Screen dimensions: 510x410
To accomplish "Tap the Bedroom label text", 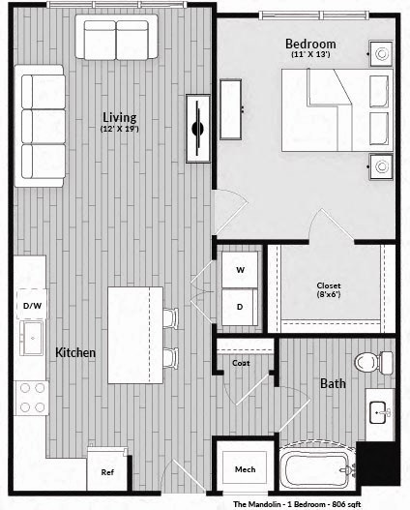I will click(310, 45).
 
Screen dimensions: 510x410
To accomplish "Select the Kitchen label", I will click(75, 353).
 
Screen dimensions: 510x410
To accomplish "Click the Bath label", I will click(334, 384).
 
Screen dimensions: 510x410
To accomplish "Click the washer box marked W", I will click(239, 270).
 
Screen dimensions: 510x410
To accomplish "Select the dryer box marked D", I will click(239, 306).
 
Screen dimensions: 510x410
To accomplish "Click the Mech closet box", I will click(245, 469).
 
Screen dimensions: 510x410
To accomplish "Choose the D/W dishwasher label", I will click(32, 306).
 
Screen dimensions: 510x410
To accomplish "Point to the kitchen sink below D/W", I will click(32, 339).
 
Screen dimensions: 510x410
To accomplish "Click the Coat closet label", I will click(241, 363).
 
